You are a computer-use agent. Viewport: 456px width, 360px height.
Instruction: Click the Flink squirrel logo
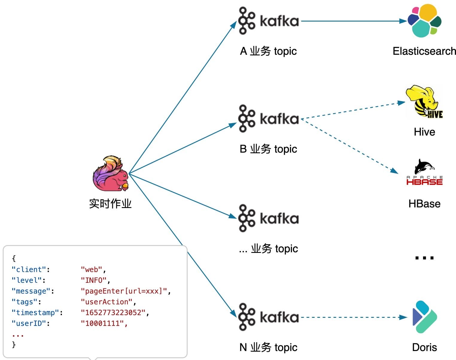[110, 174]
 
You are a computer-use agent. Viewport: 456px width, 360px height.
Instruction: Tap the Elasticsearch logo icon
[424, 20]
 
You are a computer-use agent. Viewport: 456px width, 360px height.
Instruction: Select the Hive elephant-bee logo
[424, 102]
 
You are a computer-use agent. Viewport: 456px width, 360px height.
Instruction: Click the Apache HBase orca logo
[424, 172]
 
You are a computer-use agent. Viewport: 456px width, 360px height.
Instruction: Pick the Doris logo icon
[425, 317]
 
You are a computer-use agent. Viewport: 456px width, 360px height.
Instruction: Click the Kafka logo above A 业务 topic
[268, 21]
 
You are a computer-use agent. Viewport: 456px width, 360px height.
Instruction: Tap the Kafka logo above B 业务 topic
[268, 119]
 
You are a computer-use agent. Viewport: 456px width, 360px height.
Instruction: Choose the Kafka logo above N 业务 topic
[268, 317]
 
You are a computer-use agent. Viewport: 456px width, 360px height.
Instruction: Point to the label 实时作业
[110, 204]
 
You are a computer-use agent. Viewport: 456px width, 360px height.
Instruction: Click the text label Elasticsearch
[424, 51]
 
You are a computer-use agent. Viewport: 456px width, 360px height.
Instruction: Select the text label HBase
[424, 204]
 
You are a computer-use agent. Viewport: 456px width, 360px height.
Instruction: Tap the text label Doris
[424, 347]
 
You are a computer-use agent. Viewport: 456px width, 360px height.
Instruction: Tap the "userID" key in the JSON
[31, 323]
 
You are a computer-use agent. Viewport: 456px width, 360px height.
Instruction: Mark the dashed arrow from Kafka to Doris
[353, 317]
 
